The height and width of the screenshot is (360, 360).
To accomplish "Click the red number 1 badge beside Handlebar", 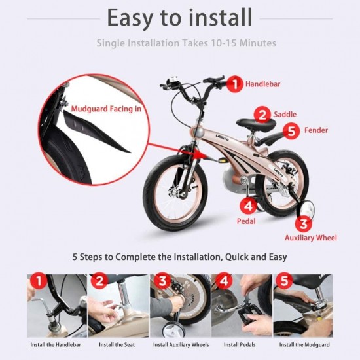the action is pyautogui.click(x=235, y=84).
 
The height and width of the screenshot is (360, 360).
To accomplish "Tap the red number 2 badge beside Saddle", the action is pyautogui.click(x=262, y=115).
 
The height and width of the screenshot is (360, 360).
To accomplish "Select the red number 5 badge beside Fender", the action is pyautogui.click(x=291, y=131).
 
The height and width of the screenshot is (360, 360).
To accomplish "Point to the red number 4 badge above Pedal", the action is pyautogui.click(x=248, y=206).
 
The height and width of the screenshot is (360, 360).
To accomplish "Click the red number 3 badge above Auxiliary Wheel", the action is pyautogui.click(x=304, y=223).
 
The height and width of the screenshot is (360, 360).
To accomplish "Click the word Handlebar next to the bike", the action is pyautogui.click(x=263, y=84).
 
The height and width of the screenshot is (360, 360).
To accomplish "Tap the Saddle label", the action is pyautogui.click(x=285, y=114).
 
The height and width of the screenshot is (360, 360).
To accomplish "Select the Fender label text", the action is pyautogui.click(x=316, y=130).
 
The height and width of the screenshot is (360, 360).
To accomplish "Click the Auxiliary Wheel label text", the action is pyautogui.click(x=311, y=238).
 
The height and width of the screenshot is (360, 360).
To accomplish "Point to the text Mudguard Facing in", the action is pyautogui.click(x=106, y=109).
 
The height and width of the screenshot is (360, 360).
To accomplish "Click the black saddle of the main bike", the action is pyautogui.click(x=256, y=124).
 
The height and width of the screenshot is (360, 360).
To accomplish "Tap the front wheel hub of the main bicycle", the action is pyautogui.click(x=179, y=194).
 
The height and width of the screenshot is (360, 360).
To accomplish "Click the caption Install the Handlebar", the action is pyautogui.click(x=56, y=344).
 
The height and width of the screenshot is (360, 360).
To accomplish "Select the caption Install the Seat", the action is pyautogui.click(x=117, y=344).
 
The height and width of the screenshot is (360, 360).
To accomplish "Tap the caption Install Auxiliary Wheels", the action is pyautogui.click(x=181, y=344).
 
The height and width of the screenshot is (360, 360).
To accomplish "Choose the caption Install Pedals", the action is pyautogui.click(x=240, y=344).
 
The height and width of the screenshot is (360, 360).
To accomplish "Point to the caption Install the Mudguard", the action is pyautogui.click(x=304, y=344).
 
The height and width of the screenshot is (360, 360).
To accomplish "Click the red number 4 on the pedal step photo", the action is pyautogui.click(x=224, y=281).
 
